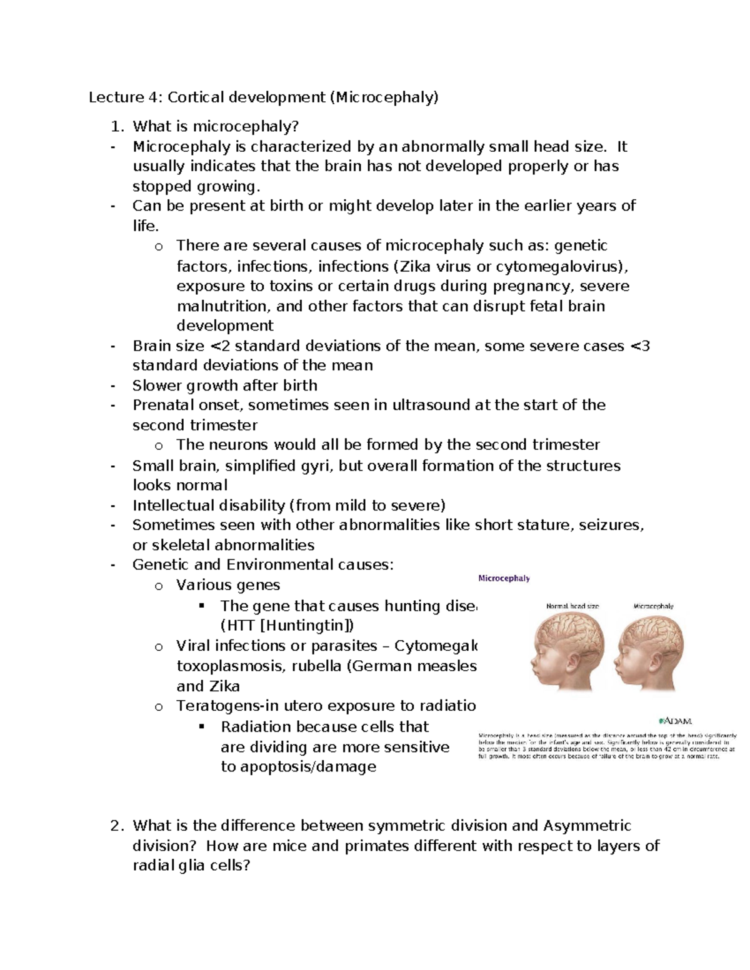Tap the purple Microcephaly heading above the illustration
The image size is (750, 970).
pos(504,578)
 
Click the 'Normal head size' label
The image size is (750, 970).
pos(572,606)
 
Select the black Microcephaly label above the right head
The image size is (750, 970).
pos(653,606)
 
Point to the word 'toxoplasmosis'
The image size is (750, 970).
pos(229,666)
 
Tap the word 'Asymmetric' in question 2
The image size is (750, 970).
pos(587,826)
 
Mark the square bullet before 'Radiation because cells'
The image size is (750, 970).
pos(201,726)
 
